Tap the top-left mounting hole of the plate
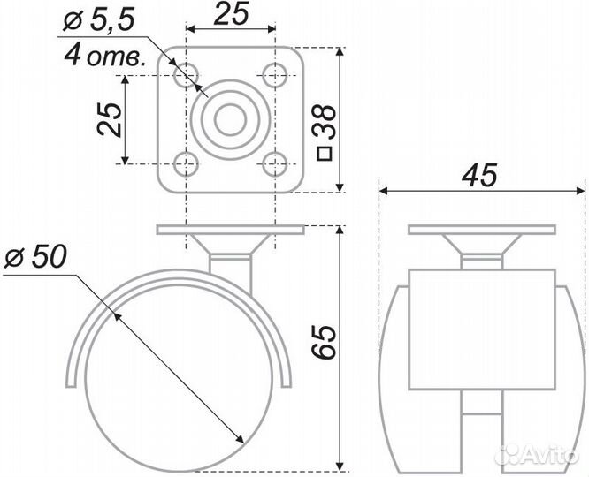(186, 75)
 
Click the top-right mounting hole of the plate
(275, 75)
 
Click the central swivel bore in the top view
(230, 119)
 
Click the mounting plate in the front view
(481, 231)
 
